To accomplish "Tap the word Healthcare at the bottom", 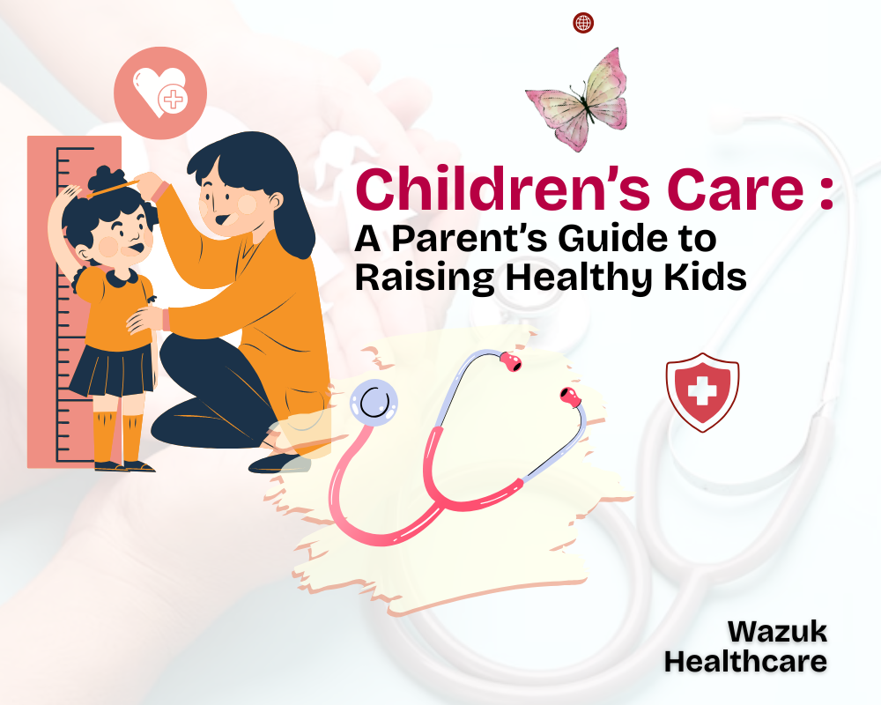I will [x=745, y=661].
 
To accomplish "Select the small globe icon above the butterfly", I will [x=583, y=23].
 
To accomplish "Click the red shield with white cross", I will [x=702, y=391].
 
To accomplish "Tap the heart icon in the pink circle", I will [x=160, y=90].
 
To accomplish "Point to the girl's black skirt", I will [x=113, y=369].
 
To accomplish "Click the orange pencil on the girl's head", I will [x=115, y=188].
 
